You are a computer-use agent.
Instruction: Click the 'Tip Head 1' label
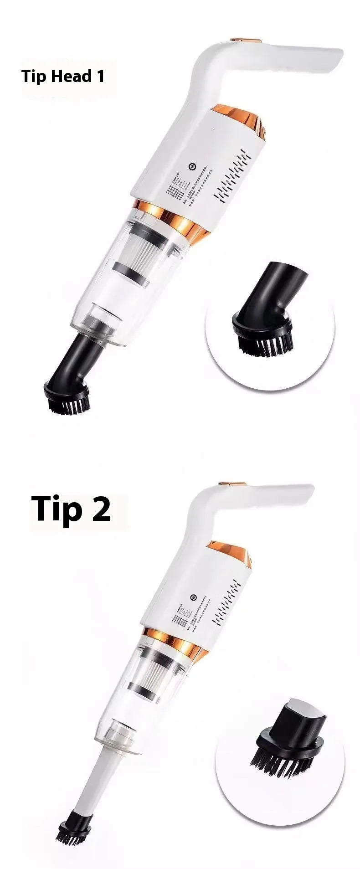pyautogui.click(x=63, y=76)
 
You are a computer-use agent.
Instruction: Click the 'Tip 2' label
pyautogui.click(x=71, y=509)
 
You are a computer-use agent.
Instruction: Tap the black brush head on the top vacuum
pyautogui.click(x=67, y=396)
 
